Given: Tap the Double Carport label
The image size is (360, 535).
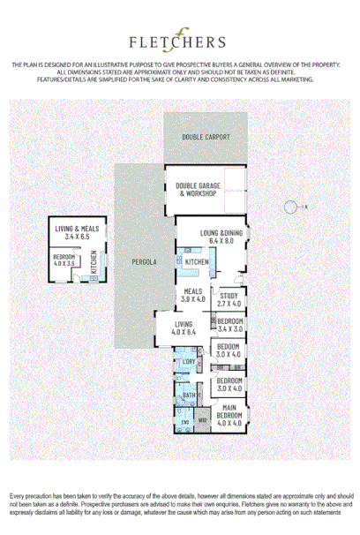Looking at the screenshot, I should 206,137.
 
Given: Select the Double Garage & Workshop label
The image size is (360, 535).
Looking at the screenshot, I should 195,190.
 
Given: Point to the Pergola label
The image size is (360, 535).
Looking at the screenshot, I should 144,262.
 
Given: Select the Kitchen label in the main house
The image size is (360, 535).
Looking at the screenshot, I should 196,262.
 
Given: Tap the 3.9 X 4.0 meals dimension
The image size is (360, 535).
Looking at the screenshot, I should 192,300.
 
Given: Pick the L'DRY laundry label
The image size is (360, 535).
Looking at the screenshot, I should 188,362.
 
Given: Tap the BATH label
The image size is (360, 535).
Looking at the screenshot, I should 188,395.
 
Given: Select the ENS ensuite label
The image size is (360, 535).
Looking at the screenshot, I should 185,423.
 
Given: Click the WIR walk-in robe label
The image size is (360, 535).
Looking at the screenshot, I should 202,420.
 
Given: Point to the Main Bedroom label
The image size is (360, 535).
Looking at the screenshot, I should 229,411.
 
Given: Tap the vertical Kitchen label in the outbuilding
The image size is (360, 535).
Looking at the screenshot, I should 93,261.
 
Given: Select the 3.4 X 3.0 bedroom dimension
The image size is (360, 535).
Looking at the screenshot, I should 229,328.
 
